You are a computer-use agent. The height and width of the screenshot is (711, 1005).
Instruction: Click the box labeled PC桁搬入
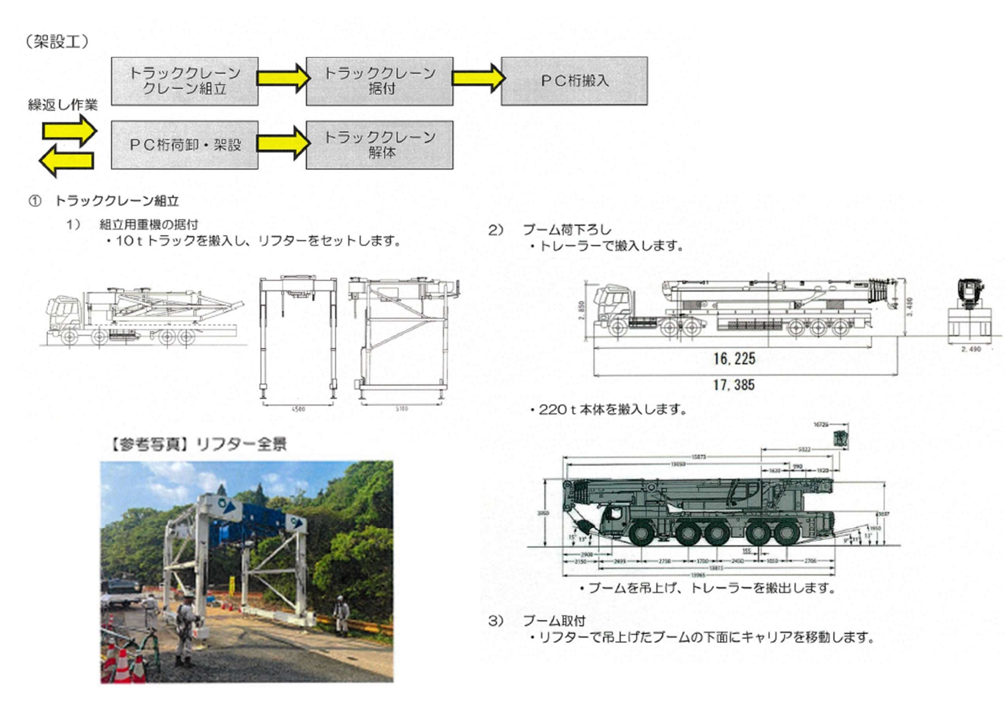tap(574, 81)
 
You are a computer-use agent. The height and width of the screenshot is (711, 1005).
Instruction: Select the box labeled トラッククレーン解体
tap(379, 145)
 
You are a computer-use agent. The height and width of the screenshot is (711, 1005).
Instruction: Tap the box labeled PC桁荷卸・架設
tap(184, 145)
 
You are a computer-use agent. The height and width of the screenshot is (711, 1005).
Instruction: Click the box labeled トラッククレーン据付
tap(379, 81)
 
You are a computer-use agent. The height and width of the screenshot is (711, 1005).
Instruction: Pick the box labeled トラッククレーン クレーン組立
tap(184, 81)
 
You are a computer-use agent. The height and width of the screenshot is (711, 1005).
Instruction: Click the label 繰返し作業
tap(63, 105)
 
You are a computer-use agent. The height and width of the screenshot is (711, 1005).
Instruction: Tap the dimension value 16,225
tap(734, 359)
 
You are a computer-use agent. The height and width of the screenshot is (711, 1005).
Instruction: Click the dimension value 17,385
tap(734, 385)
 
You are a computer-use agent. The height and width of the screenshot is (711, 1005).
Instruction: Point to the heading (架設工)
tap(57, 42)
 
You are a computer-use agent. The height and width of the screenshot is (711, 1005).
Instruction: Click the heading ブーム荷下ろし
tap(567, 230)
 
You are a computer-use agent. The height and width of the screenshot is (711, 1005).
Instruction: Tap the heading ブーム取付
tap(553, 621)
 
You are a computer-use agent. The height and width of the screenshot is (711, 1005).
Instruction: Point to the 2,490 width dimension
tap(971, 349)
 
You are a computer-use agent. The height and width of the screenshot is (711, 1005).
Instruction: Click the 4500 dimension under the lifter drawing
tap(298, 409)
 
